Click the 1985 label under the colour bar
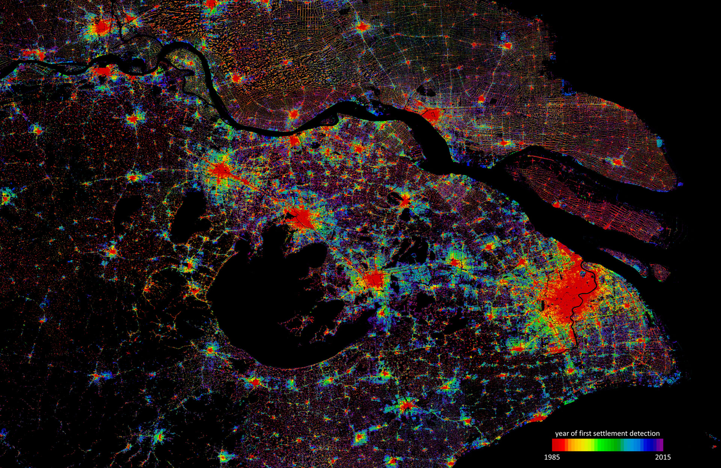[x=552, y=457]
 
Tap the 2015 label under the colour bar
[x=663, y=457]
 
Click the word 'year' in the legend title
[x=562, y=433]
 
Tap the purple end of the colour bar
[x=660, y=445]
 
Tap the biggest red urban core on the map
[x=567, y=297]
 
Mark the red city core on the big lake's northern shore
[x=302, y=217]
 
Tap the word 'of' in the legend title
[x=575, y=433]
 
